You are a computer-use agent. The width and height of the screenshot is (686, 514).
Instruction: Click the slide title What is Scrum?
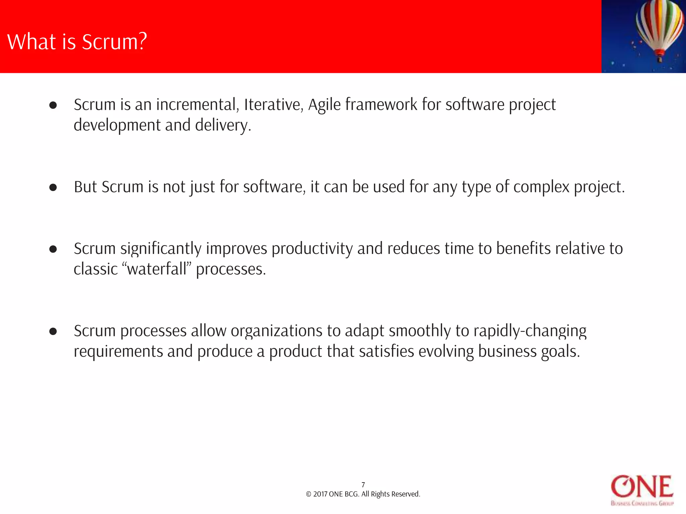[77, 42]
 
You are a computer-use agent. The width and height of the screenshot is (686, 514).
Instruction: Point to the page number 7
[363, 485]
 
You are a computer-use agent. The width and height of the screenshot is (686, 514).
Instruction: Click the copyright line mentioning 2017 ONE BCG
[363, 494]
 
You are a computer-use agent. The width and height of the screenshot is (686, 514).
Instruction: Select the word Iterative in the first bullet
[273, 104]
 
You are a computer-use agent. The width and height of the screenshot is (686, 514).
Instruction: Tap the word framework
[381, 104]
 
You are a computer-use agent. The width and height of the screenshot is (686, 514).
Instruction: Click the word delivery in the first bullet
[222, 125]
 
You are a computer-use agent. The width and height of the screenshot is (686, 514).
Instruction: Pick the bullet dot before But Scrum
[53, 187]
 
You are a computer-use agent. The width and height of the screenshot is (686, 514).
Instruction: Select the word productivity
[312, 249]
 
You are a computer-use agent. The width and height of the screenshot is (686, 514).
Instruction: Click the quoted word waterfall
[157, 269]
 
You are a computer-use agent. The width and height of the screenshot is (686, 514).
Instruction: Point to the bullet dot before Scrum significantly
[53, 249]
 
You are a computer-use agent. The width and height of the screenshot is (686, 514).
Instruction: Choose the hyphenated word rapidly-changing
[530, 331]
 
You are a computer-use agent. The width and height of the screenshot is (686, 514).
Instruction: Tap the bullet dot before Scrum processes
[53, 331]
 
